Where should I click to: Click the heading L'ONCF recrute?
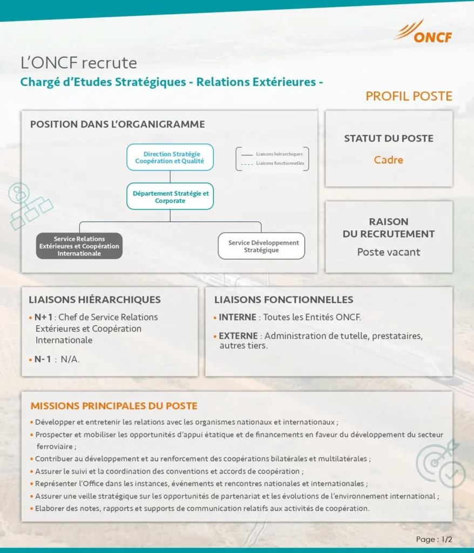point(78,63)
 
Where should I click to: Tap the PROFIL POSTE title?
point(409,96)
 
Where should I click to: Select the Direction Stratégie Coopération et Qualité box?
point(170,157)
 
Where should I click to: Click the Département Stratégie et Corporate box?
point(170,197)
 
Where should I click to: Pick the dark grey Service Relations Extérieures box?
point(79,246)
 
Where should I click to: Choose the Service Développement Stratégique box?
point(261,246)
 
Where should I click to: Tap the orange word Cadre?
point(389,160)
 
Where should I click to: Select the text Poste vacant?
point(389,252)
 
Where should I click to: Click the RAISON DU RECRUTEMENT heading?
point(389,227)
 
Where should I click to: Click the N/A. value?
point(70,359)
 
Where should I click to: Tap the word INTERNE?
point(237,317)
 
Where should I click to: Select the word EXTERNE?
point(238,336)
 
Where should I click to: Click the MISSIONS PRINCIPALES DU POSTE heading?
point(114,406)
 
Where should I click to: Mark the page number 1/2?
point(446,539)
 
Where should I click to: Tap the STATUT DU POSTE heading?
point(389,138)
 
